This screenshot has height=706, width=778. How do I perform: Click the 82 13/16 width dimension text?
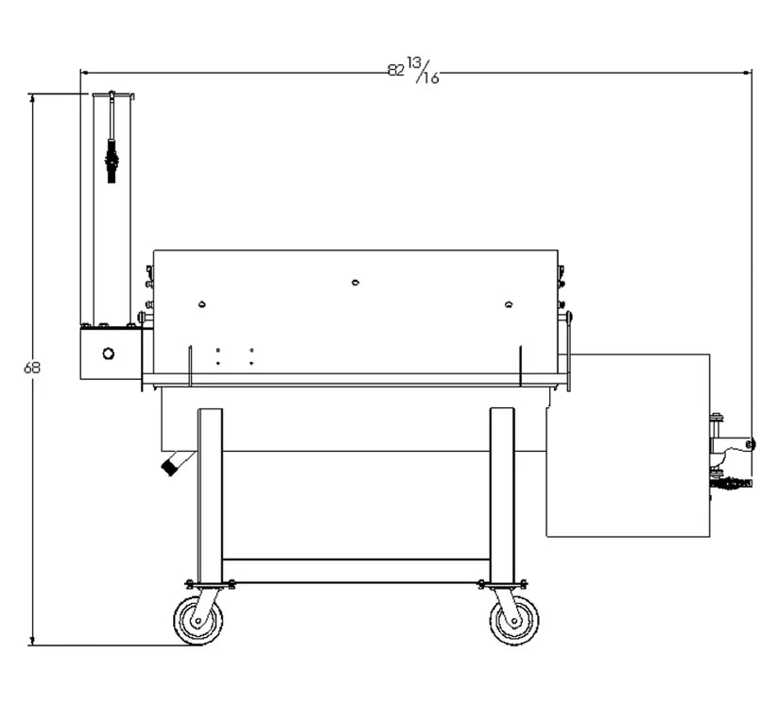(413, 71)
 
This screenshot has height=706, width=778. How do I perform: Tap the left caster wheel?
(199, 622)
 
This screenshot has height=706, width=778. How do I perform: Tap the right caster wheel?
(514, 622)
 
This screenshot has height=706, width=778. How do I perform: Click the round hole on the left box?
(108, 353)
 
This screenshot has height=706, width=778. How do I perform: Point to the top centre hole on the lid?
(355, 282)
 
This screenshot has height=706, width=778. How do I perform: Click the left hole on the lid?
(201, 304)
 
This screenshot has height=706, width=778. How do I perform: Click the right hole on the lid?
(509, 304)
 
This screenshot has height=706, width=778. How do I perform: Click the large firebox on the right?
(629, 444)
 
